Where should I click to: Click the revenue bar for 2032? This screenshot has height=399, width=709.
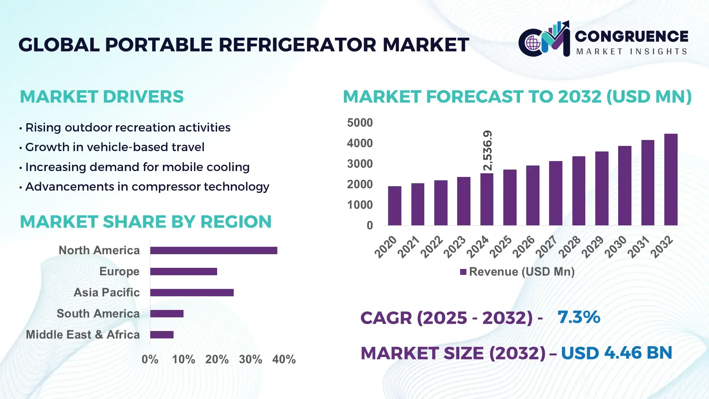click(671, 180)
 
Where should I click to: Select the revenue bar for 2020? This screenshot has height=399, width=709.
click(394, 206)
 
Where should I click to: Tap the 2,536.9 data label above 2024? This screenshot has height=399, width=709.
click(487, 150)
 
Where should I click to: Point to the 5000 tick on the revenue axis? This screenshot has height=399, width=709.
click(360, 123)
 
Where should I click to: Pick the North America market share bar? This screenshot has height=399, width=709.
click(213, 250)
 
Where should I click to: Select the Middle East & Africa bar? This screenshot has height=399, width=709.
click(162, 335)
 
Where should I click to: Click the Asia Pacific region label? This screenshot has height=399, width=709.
click(106, 292)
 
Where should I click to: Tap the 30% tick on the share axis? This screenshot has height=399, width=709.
click(250, 359)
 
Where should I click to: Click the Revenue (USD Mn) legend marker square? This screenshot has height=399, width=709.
click(463, 272)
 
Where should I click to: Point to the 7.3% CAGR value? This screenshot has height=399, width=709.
click(579, 317)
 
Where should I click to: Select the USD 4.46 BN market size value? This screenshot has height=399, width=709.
click(616, 353)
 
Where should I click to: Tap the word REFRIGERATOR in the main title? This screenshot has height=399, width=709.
click(297, 45)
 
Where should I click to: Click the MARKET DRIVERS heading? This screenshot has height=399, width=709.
click(102, 97)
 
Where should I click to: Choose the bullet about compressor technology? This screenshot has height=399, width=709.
click(147, 187)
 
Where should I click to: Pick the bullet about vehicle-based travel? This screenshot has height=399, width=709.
click(114, 147)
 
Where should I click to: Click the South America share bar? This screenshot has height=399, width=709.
click(167, 314)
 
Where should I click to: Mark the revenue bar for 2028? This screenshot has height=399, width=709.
click(578, 191)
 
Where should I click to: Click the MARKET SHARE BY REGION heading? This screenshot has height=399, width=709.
click(145, 222)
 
